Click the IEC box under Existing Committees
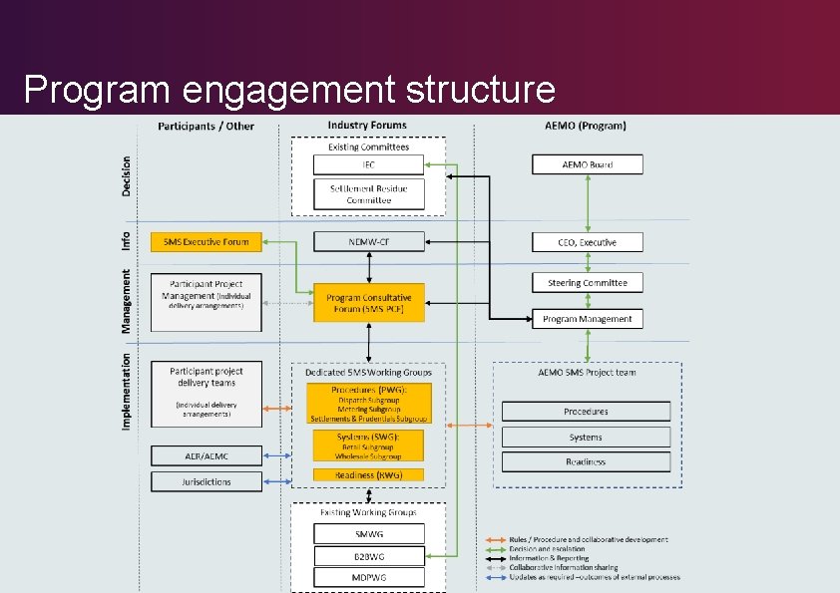368,164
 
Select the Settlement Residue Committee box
368,193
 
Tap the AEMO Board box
587,164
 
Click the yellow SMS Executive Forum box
206,241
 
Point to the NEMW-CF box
368,241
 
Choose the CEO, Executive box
587,242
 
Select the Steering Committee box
587,283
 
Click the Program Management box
587,319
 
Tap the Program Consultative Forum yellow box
368,302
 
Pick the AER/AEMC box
206,455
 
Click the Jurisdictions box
206,481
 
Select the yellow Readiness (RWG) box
368,475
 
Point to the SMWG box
368,533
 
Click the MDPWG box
368,577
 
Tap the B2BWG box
368,555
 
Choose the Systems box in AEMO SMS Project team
586,437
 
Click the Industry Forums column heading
367,126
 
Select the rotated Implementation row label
127,392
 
